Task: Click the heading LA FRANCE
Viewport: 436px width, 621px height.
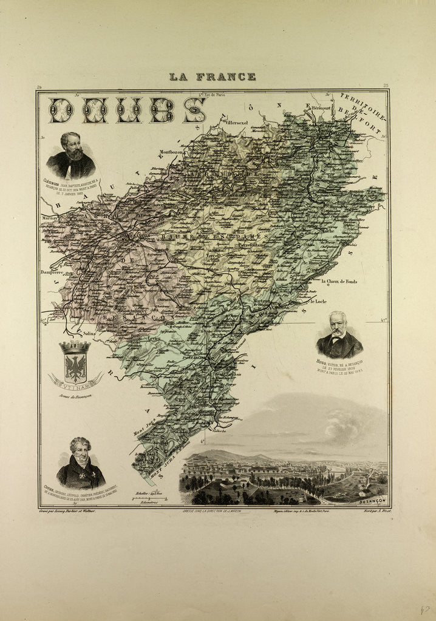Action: point(213,77)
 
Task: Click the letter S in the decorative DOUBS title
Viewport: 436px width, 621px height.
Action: point(195,110)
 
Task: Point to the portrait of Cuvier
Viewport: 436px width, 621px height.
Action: point(80,463)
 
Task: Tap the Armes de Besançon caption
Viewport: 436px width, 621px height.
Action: point(75,396)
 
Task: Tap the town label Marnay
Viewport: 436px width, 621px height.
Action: point(50,215)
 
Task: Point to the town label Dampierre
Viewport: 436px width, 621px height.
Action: point(55,271)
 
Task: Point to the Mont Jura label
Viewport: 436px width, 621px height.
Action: point(144,432)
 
